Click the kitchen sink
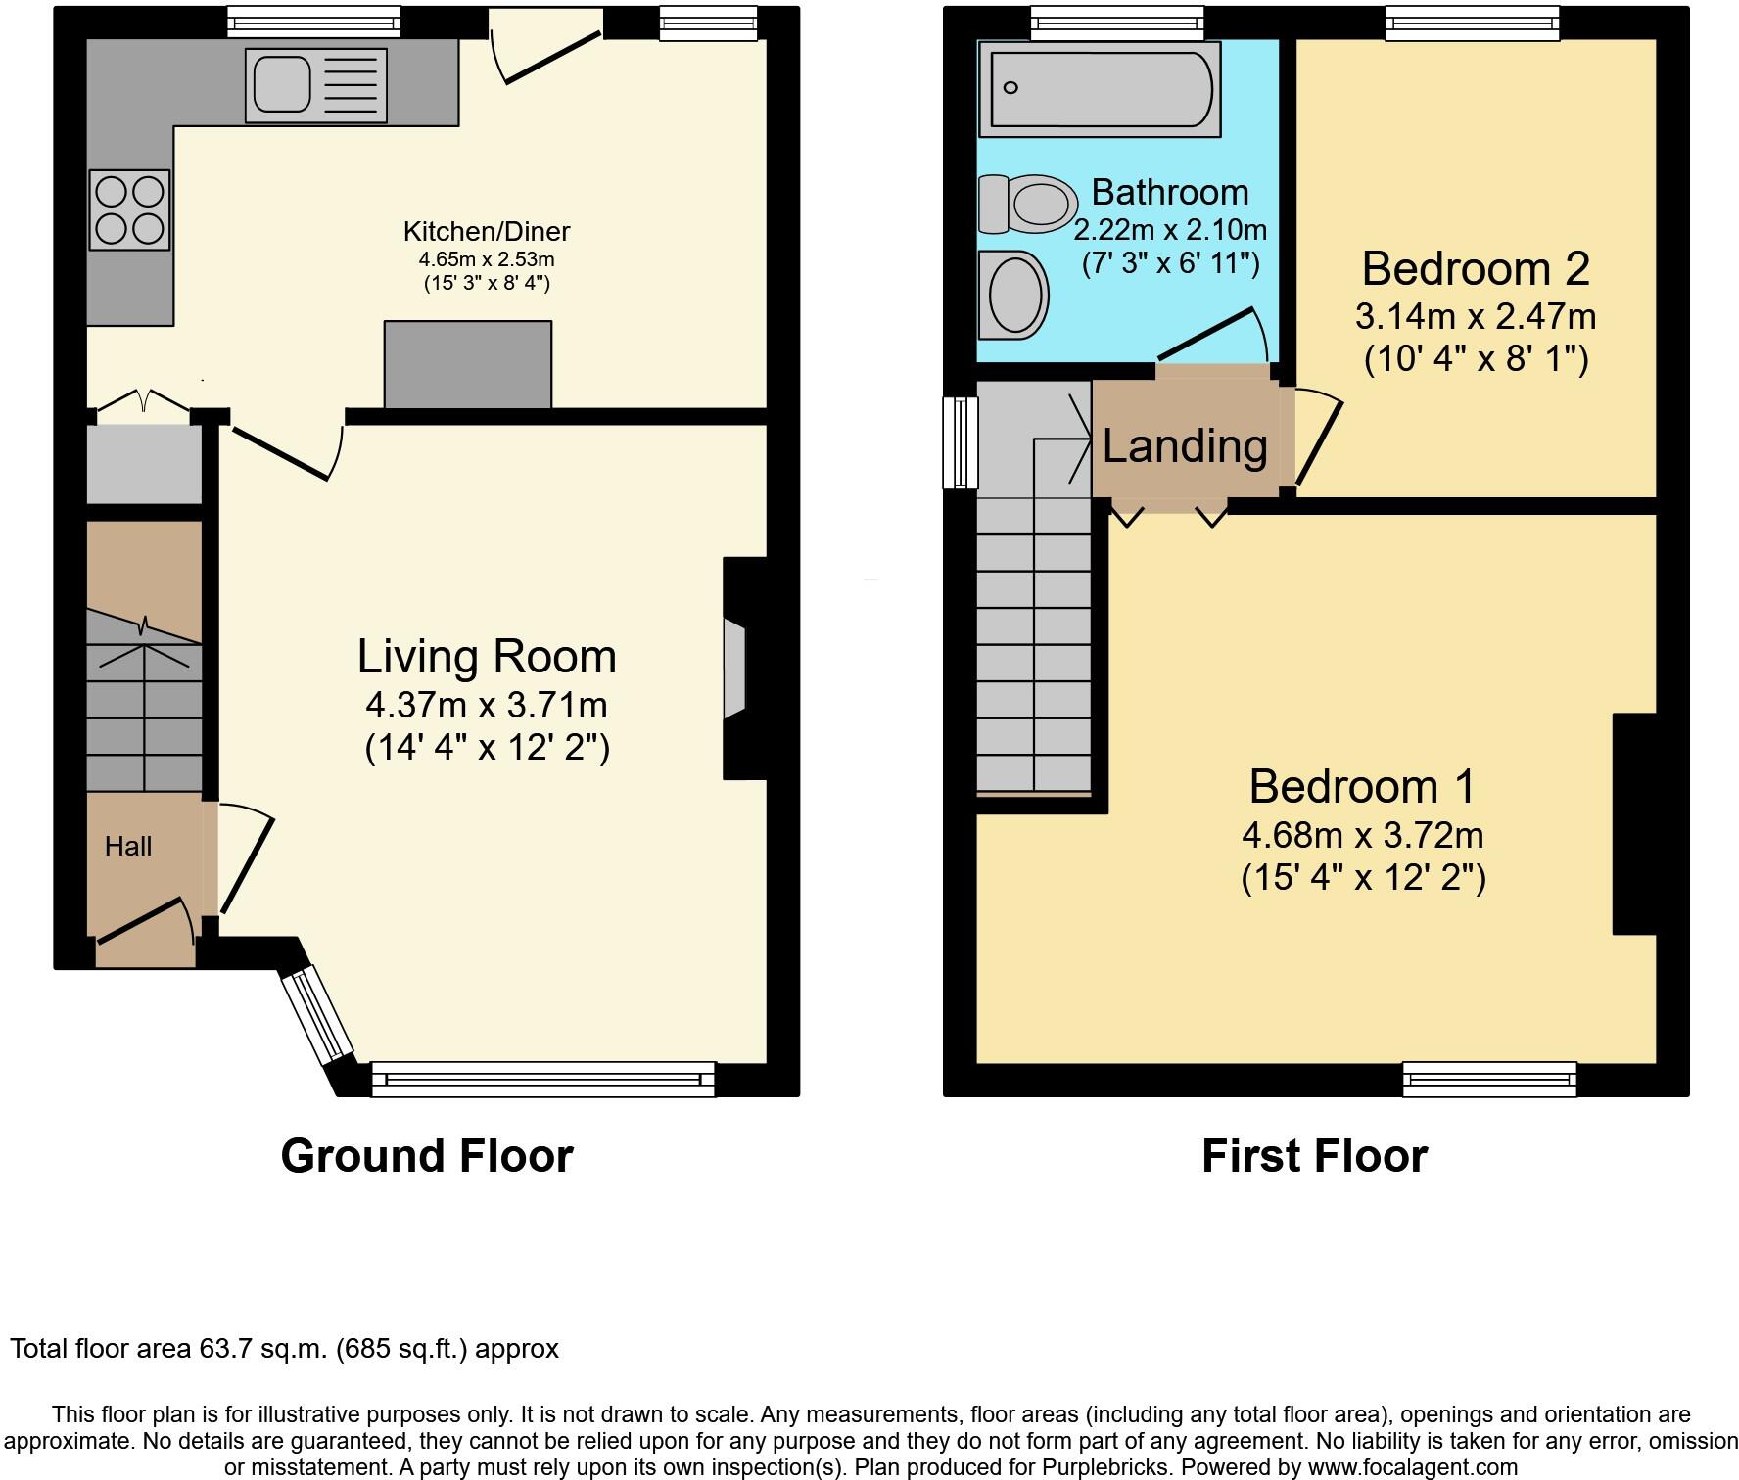click(x=316, y=84)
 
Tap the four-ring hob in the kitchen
click(x=129, y=209)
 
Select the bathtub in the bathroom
click(x=1100, y=89)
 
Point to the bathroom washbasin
click(x=1013, y=295)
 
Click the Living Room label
click(x=487, y=656)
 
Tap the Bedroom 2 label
click(x=1476, y=267)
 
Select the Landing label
click(x=1185, y=445)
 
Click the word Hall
click(x=128, y=846)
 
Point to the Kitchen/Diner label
click(x=487, y=231)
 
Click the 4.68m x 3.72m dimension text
click(x=1363, y=835)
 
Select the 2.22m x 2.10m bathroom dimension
click(x=1170, y=230)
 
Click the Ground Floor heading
click(x=427, y=1155)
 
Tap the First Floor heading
click(x=1314, y=1155)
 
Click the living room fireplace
click(x=744, y=669)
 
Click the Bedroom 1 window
click(x=1489, y=1079)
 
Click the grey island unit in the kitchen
click(x=468, y=364)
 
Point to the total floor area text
click(x=284, y=1349)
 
